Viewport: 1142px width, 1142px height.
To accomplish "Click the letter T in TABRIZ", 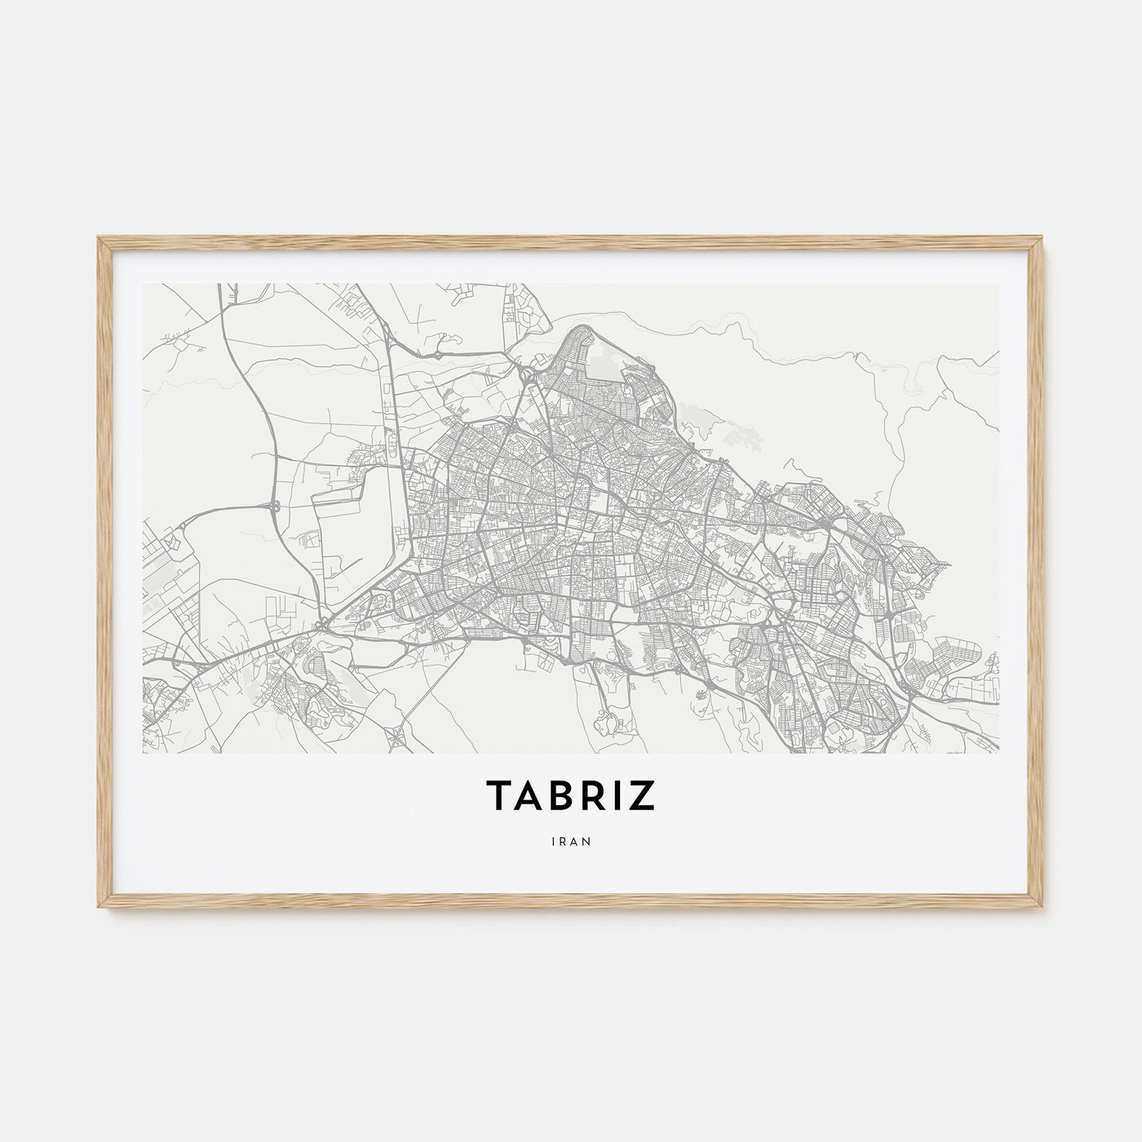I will (498, 797).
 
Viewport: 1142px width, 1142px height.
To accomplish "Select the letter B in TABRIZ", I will (560, 797).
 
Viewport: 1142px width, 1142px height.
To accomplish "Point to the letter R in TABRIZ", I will (591, 797).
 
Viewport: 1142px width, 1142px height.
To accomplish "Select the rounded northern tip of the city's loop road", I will (580, 329).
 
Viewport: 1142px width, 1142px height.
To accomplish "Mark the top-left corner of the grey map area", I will (144, 285).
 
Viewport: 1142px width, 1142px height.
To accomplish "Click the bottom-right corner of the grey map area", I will (998, 752).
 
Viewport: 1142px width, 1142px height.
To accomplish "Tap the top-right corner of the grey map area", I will (998, 285).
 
